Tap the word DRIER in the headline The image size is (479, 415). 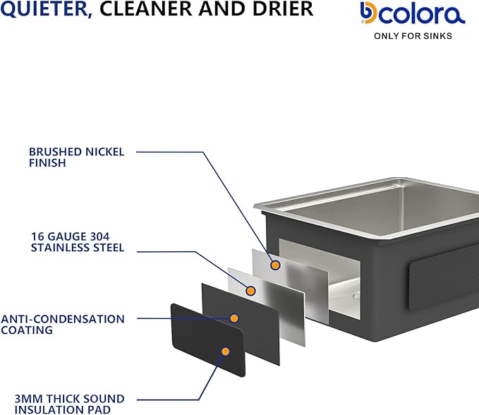click(x=283, y=8)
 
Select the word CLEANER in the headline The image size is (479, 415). click(x=146, y=8)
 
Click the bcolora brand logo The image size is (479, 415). click(x=413, y=13)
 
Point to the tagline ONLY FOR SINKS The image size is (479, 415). click(x=413, y=36)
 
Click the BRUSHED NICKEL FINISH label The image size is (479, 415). click(x=77, y=157)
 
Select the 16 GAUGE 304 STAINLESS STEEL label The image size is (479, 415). click(x=78, y=242)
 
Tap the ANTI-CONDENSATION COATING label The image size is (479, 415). click(x=63, y=325)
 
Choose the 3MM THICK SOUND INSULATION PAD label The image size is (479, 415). click(x=69, y=404)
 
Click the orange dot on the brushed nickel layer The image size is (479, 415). click(x=276, y=265)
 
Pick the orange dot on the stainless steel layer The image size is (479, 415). click(x=250, y=291)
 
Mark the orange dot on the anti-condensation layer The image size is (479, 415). click(x=234, y=318)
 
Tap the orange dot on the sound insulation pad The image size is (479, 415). click(x=226, y=351)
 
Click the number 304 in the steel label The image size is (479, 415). click(x=99, y=236)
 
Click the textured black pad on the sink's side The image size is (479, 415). click(x=444, y=277)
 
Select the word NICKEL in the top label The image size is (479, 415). click(x=105, y=152)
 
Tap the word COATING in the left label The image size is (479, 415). click(x=27, y=330)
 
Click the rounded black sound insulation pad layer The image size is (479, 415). click(x=207, y=339)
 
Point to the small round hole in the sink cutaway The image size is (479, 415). click(x=356, y=296)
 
